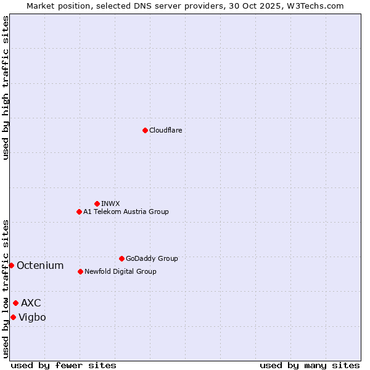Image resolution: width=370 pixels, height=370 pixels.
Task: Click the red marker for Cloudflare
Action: (145, 130)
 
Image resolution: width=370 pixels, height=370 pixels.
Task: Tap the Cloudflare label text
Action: (165, 131)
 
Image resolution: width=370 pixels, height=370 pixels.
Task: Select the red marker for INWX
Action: (97, 203)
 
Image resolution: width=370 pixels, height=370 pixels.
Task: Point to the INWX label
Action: (110, 204)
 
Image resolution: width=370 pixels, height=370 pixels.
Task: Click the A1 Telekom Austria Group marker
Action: (79, 212)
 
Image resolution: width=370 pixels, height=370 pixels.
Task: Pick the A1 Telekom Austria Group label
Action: (126, 212)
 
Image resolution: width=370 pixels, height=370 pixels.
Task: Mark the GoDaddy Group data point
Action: (121, 258)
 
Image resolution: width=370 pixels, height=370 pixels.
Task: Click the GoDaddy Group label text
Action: (152, 259)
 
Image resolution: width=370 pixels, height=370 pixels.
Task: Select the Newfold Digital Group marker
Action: (80, 271)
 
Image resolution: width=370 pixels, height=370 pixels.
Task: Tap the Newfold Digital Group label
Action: (120, 272)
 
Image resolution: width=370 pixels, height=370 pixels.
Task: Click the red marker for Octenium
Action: (11, 265)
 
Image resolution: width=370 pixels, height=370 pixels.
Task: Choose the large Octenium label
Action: (40, 266)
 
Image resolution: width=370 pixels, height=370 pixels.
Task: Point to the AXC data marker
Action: (15, 303)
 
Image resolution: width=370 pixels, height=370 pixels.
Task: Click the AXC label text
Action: (31, 303)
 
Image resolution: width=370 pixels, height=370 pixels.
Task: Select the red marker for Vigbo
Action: (13, 317)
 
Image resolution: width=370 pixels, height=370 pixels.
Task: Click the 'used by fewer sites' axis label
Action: (64, 365)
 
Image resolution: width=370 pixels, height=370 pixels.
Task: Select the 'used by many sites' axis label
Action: (310, 365)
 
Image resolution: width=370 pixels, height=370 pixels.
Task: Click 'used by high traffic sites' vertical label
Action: (6, 88)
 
